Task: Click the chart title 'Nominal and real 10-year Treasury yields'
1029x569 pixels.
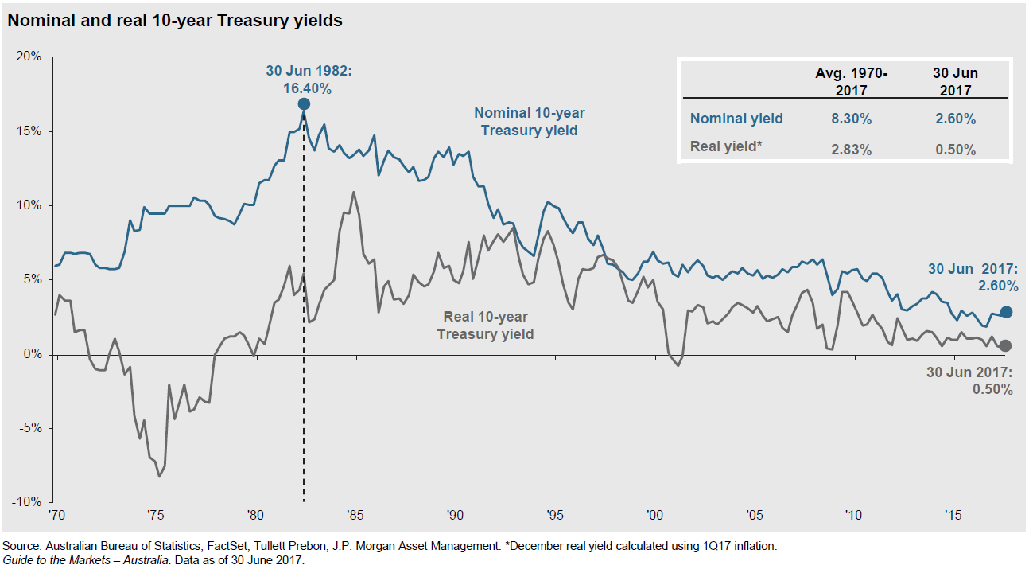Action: pyautogui.click(x=175, y=21)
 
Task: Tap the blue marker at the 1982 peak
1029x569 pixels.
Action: pyautogui.click(x=304, y=104)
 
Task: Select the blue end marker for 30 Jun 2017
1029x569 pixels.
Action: pyautogui.click(x=1006, y=312)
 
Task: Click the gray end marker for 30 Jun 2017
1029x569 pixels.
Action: pyautogui.click(x=1006, y=345)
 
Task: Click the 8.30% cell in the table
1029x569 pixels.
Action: pyautogui.click(x=851, y=119)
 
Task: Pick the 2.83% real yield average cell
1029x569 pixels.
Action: pyautogui.click(x=851, y=150)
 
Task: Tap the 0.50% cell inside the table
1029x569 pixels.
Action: pyautogui.click(x=955, y=150)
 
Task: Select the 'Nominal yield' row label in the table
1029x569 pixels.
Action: pyautogui.click(x=736, y=119)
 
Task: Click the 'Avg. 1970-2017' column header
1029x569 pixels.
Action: pyautogui.click(x=851, y=80)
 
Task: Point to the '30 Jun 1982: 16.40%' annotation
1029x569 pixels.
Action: pyautogui.click(x=308, y=80)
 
